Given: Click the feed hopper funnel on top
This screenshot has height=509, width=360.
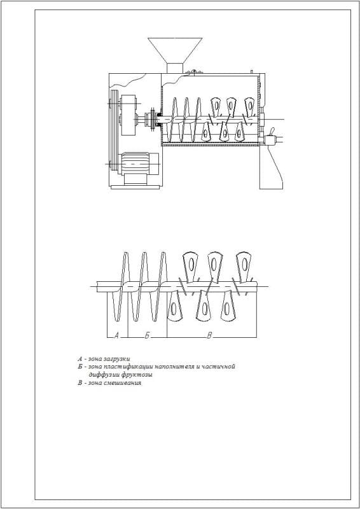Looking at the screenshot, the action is tap(175, 50).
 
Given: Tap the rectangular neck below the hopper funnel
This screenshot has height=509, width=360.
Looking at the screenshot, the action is tap(175, 68).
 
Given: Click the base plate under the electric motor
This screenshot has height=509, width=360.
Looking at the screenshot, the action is tap(135, 187).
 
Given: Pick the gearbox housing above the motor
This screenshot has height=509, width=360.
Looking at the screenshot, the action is tap(128, 115).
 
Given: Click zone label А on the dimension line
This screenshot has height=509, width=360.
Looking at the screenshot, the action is tap(116, 336).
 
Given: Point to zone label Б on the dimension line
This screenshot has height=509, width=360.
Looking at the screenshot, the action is tap(147, 336).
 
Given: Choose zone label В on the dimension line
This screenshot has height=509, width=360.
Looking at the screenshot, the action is tap(209, 336).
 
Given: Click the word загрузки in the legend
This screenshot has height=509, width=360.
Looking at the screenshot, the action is tap(119, 359).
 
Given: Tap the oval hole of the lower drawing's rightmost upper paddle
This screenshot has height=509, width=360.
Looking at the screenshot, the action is tap(245, 264).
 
